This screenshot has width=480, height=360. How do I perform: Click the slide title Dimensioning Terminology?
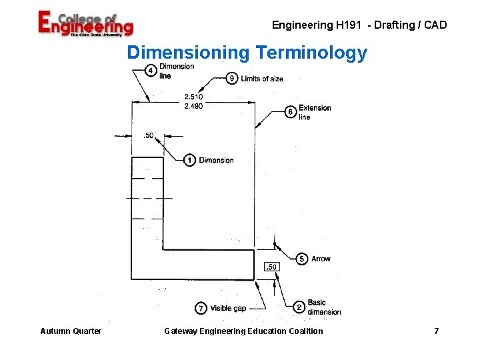(x=247, y=53)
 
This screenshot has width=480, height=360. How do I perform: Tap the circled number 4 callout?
(x=151, y=71)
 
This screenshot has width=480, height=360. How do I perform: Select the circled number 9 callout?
(x=232, y=79)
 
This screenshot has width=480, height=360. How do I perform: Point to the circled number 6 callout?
(x=291, y=112)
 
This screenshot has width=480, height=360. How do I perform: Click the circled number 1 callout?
(x=190, y=160)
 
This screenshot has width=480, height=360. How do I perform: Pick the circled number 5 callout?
(x=302, y=259)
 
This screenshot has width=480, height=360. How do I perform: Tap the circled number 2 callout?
(x=299, y=307)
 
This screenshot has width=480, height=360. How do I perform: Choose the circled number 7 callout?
(x=201, y=308)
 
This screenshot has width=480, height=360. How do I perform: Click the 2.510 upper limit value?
(x=193, y=97)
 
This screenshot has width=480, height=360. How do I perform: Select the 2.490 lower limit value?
(x=193, y=106)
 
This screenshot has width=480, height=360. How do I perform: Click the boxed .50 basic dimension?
(x=271, y=267)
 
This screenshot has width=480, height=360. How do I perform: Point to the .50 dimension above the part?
(x=148, y=136)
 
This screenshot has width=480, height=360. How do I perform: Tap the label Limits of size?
(x=262, y=79)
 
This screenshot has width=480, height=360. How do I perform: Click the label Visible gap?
(x=228, y=308)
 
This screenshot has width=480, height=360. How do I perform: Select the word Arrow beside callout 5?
(x=321, y=259)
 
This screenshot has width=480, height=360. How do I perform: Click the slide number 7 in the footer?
(x=436, y=331)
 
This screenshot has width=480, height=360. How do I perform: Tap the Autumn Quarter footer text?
(x=71, y=331)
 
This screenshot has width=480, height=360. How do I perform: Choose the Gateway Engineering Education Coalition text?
(x=243, y=331)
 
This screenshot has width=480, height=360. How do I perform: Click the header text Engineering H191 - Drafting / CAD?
(x=359, y=25)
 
